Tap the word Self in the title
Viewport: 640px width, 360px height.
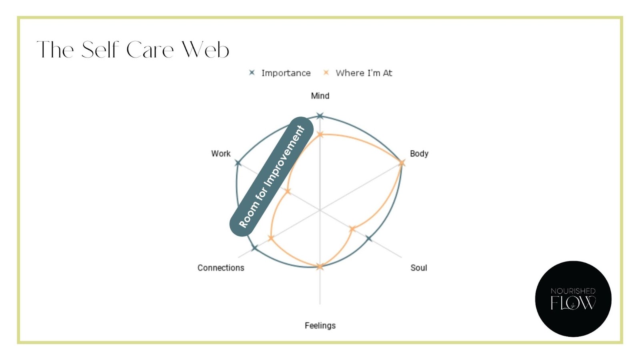[x=100, y=50]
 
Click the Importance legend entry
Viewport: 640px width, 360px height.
[x=280, y=73]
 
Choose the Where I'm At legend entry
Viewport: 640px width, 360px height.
[x=358, y=73]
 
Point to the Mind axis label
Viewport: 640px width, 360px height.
[x=320, y=96]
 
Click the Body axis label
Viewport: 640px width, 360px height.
[x=419, y=154]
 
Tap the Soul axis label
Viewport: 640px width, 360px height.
[x=418, y=268]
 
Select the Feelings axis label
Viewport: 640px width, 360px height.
[x=320, y=326]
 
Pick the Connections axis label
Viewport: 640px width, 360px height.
[x=221, y=268]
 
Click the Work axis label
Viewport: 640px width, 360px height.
[x=221, y=154]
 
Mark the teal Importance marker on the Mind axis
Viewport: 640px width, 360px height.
[x=320, y=116]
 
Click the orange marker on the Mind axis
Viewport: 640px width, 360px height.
[x=320, y=134]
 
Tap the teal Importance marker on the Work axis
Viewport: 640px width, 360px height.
[x=238, y=163]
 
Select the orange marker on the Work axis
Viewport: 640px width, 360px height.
[x=288, y=192]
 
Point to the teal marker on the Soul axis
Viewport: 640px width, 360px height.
[x=369, y=238]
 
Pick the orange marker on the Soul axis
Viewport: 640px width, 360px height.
[x=352, y=229]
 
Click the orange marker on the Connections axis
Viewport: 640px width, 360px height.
[x=271, y=238]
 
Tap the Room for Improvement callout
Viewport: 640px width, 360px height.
[x=272, y=176]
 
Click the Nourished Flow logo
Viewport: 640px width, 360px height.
[x=573, y=299]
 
